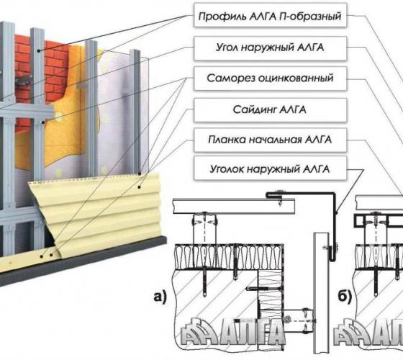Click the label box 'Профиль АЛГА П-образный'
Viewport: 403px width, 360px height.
(x=270, y=15)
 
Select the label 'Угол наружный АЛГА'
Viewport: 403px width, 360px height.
(x=270, y=48)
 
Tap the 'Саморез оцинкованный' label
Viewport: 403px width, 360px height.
(x=270, y=78)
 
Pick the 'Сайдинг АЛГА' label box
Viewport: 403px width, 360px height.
(x=270, y=109)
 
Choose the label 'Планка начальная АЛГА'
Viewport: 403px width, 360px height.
(x=270, y=140)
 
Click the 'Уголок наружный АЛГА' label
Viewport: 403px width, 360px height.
(x=270, y=169)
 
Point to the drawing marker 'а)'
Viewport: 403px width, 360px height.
(x=160, y=297)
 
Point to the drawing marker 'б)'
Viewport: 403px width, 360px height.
(x=345, y=297)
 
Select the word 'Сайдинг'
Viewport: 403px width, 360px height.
(x=255, y=109)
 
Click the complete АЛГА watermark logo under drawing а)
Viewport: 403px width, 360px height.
(x=233, y=332)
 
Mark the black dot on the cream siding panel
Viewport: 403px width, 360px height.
(x=139, y=187)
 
